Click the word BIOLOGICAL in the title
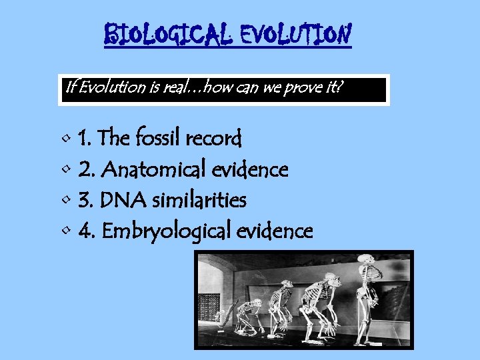pos(167,34)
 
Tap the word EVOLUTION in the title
pos(294,34)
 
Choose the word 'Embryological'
pos(165,231)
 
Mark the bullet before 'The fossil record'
pos(65,139)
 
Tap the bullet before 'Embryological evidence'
pos(65,231)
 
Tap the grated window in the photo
pos(209,306)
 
